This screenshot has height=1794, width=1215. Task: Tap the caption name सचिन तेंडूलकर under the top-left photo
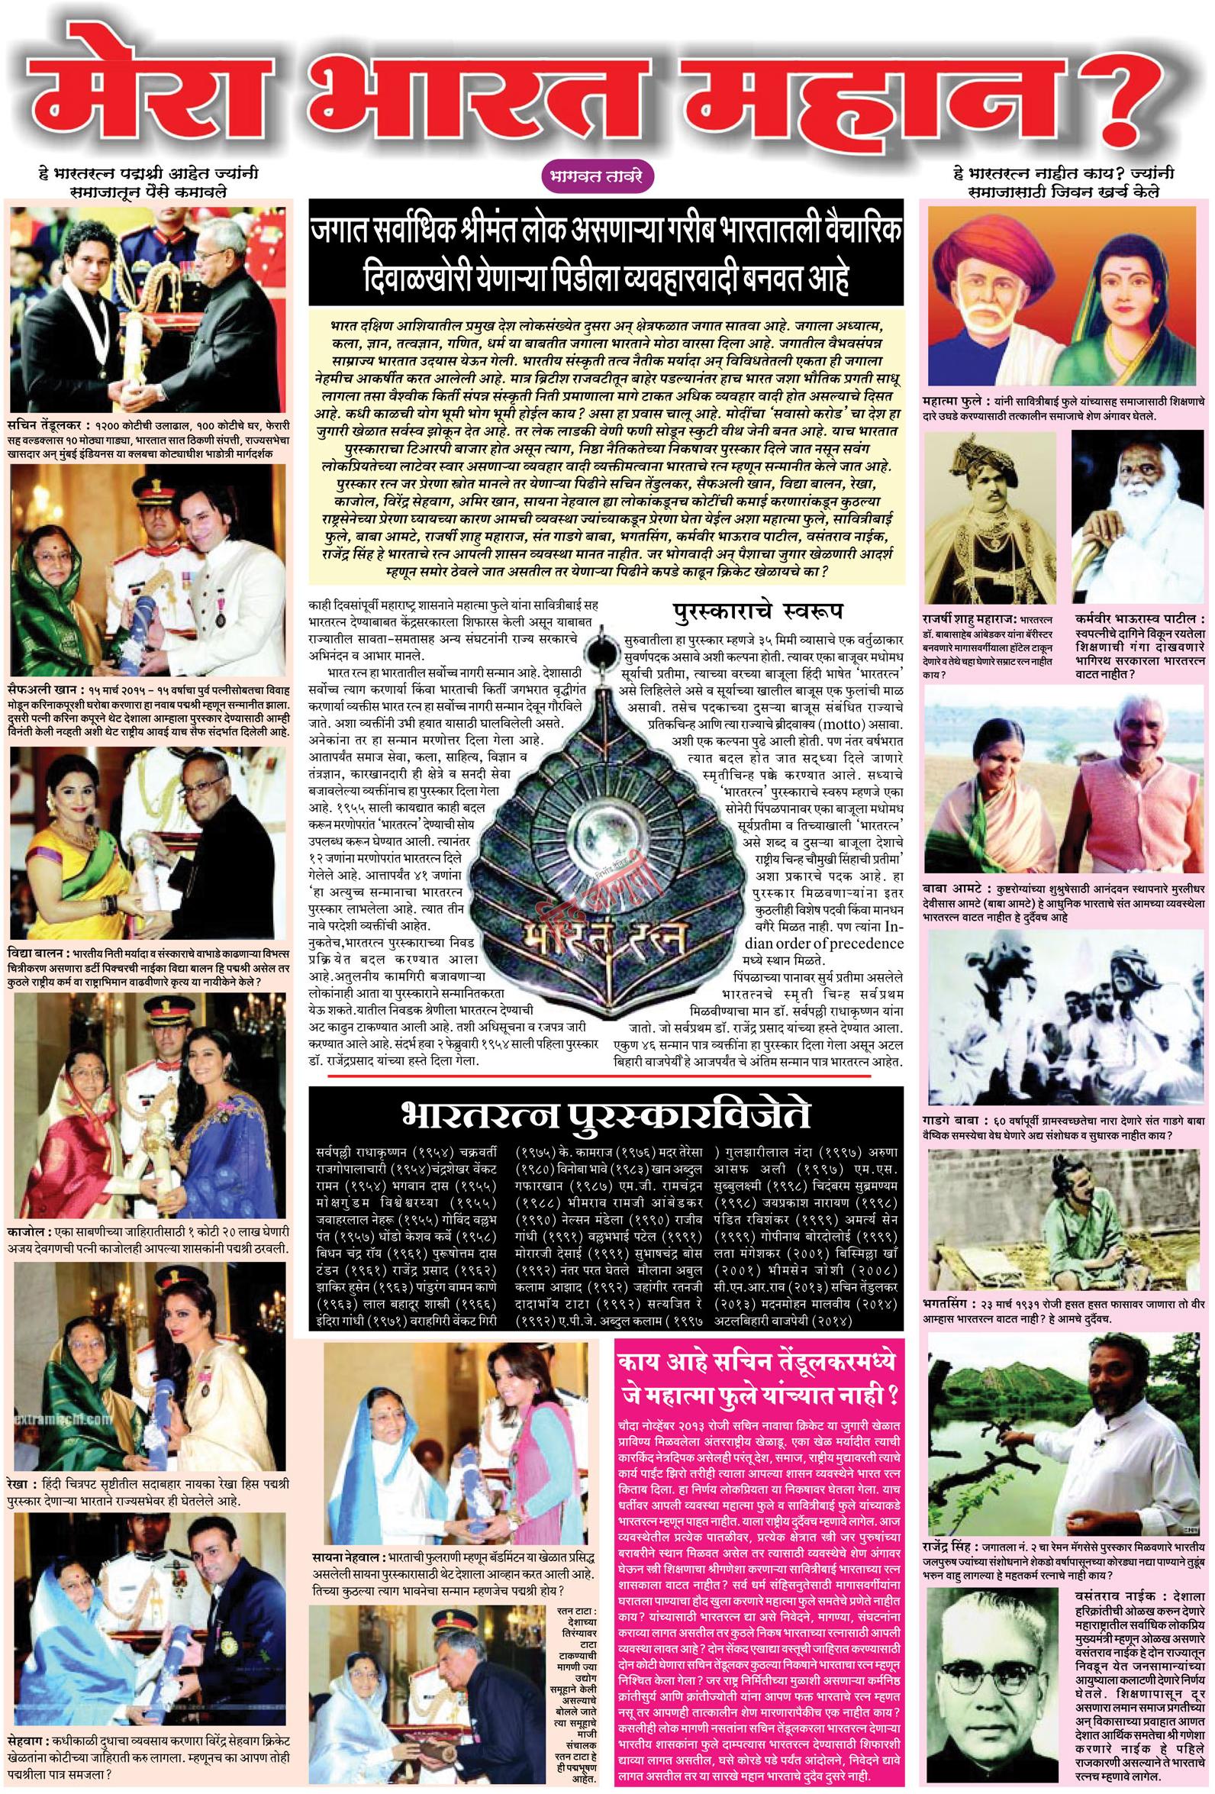pos(44,426)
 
